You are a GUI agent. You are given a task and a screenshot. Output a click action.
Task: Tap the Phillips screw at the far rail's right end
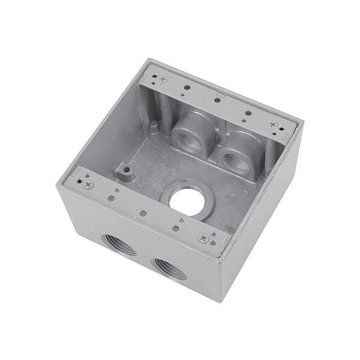click(273, 125)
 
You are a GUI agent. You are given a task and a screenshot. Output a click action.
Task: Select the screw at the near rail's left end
click(88, 185)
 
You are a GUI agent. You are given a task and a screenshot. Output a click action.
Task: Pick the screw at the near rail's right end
click(203, 238)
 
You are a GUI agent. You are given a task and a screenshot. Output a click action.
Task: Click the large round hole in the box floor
click(185, 202)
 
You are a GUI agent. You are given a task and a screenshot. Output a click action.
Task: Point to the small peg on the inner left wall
click(155, 127)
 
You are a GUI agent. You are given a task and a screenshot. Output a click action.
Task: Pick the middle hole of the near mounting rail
click(143, 212)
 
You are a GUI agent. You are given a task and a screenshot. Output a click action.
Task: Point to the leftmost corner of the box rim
click(58, 184)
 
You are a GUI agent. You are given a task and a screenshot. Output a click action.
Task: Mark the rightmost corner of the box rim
click(303, 124)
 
